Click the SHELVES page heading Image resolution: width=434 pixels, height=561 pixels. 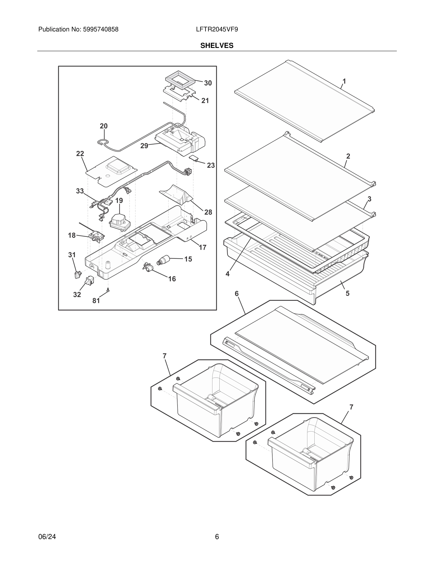pos(217,46)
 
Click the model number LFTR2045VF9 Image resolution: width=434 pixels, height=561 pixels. pos(217,30)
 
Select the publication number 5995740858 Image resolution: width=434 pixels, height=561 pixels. pos(100,30)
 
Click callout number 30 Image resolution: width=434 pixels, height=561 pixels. pos(208,83)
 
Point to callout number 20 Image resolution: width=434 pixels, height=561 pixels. pos(104,126)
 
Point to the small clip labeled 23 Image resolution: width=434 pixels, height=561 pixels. pos(194,158)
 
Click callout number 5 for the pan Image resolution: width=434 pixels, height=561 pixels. pos(347,293)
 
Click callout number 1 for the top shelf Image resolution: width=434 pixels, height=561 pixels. pos(344,81)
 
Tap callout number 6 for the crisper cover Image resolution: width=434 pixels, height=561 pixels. pos(237,293)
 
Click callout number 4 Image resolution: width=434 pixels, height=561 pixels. pos(228,274)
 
